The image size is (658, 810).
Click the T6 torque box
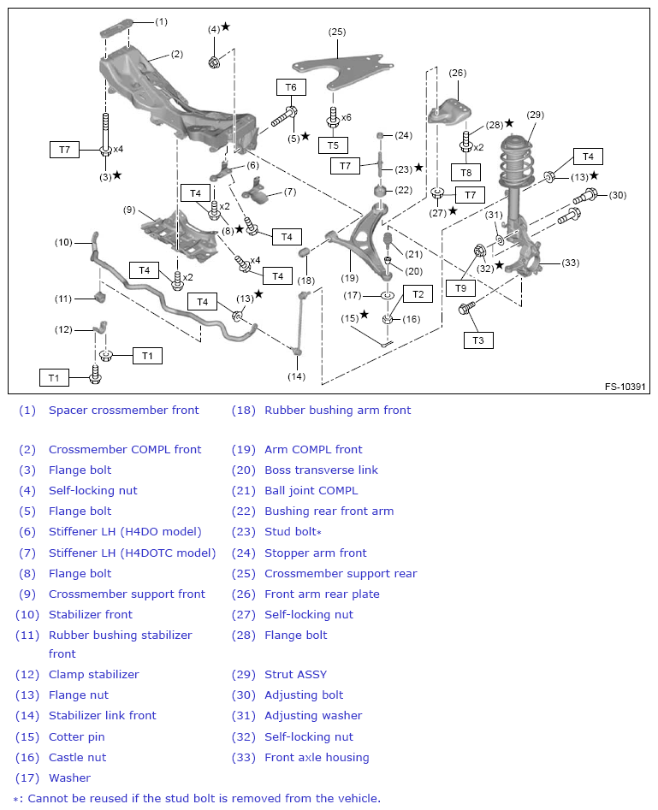[291, 87]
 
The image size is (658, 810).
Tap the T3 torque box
[478, 340]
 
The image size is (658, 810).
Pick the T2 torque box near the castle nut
[418, 294]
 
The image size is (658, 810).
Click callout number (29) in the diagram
[535, 115]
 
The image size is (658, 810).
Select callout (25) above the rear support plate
[337, 32]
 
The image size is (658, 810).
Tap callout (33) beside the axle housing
[571, 263]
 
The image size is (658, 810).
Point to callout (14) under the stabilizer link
[296, 375]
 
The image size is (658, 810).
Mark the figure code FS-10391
[625, 386]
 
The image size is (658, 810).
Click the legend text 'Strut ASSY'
[295, 674]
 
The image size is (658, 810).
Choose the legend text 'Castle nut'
[78, 757]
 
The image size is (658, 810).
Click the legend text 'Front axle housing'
[317, 757]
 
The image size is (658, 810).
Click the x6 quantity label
[346, 117]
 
